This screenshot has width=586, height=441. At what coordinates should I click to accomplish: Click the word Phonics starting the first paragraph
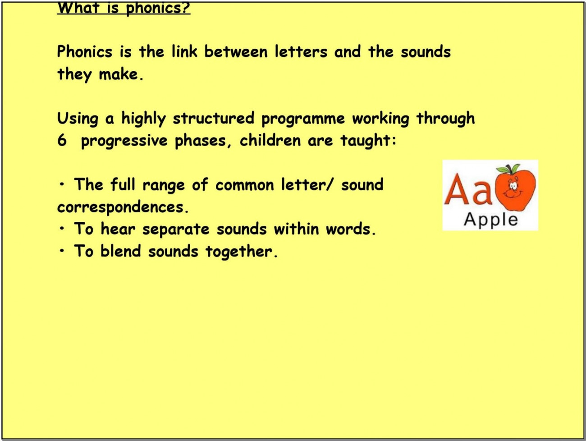pyautogui.click(x=85, y=51)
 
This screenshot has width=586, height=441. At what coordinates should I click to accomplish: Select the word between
pyautogui.click(x=236, y=51)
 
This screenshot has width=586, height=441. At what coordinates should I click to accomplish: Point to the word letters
pyautogui.click(x=301, y=51)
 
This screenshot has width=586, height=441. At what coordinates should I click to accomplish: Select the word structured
pyautogui.click(x=214, y=118)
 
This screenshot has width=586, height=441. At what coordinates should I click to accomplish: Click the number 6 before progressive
pyautogui.click(x=62, y=140)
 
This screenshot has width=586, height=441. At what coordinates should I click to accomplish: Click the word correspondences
pyautogui.click(x=123, y=207)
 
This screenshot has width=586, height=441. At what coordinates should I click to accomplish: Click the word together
pyautogui.click(x=242, y=252)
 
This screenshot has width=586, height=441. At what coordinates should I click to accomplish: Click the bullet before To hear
pyautogui.click(x=62, y=229)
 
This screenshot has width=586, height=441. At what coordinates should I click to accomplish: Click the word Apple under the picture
pyautogui.click(x=491, y=220)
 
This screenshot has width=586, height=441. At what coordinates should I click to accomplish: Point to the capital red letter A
pyautogui.click(x=457, y=189)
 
